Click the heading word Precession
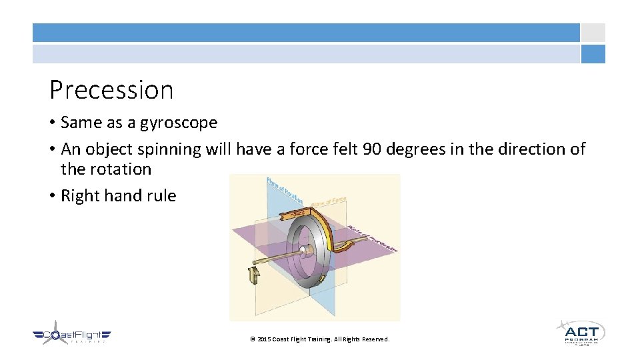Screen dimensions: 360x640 pos(111,90)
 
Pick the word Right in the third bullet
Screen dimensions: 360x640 pos(79,195)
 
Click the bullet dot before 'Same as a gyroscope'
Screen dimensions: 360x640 pos(52,123)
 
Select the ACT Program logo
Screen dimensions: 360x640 pos(580,332)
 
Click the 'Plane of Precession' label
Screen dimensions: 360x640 pos(373,239)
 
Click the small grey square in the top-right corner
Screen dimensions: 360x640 pos(593,33)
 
